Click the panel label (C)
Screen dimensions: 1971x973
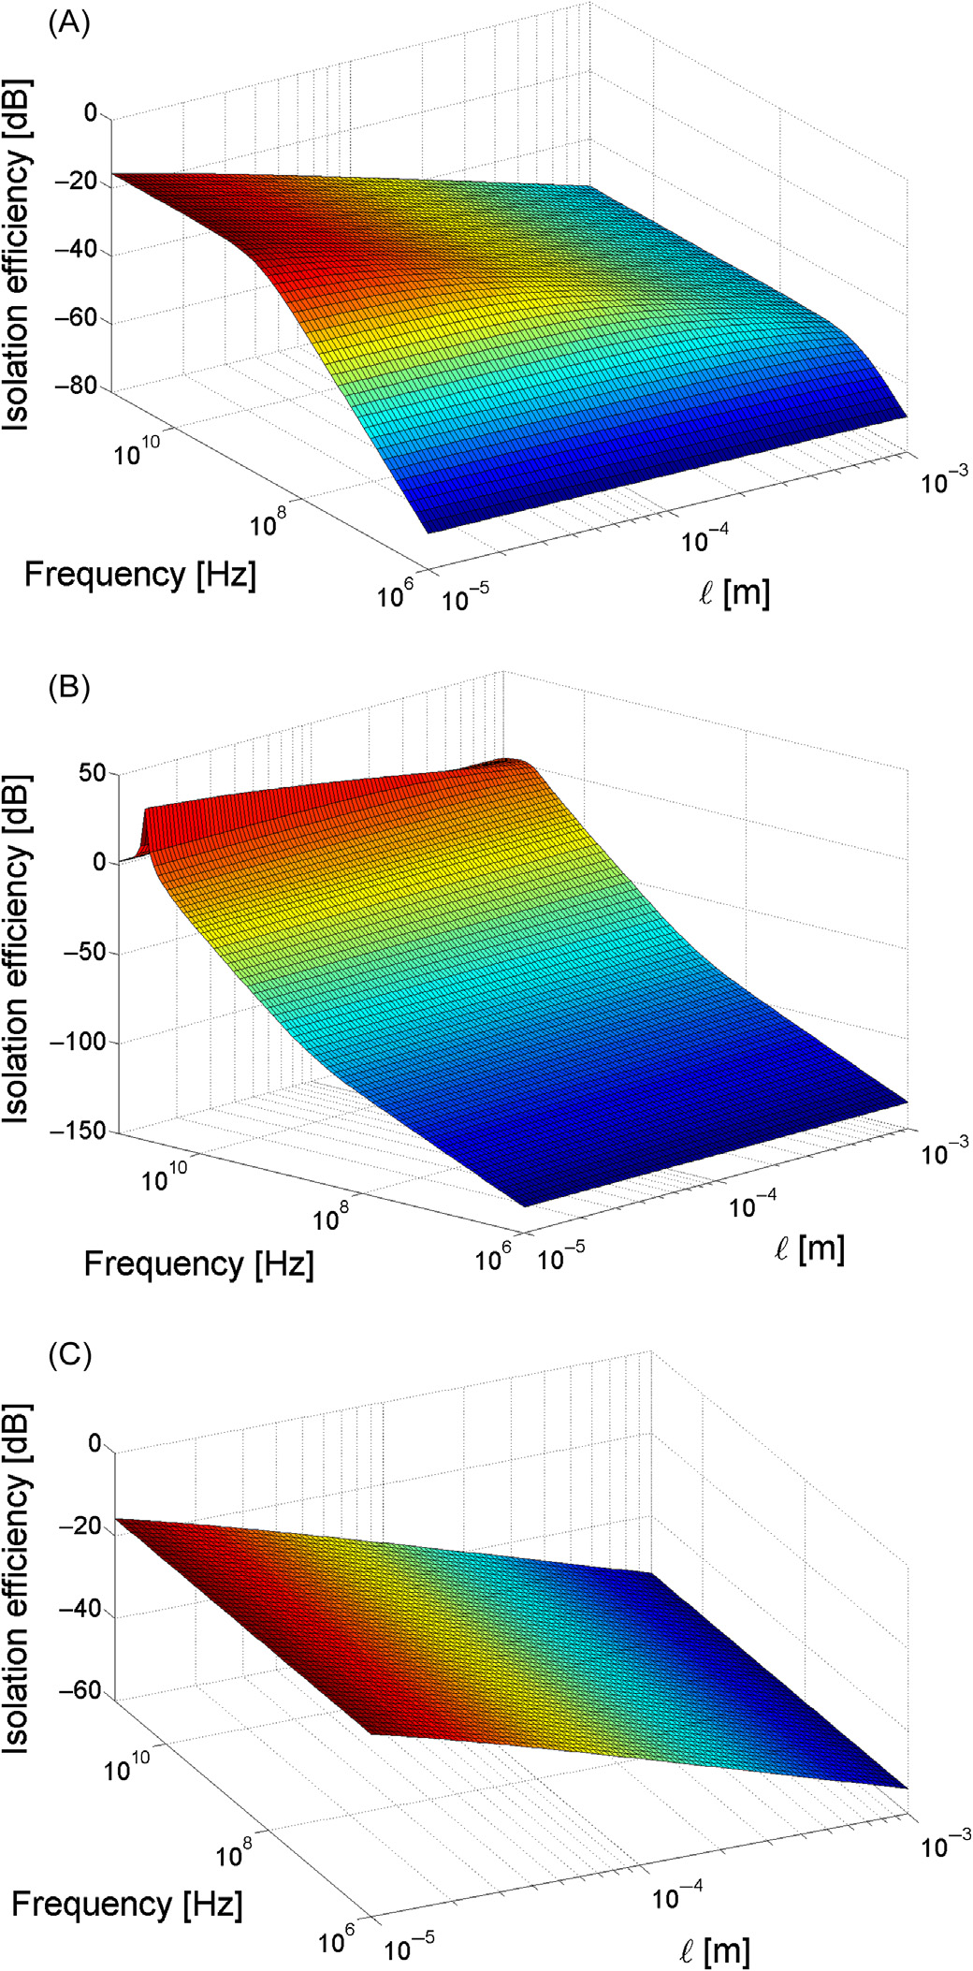[x=69, y=1354]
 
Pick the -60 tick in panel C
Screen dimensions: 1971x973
[x=80, y=1690]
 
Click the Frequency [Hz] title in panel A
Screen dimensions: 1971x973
[x=139, y=574]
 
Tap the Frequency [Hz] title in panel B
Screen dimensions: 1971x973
[x=198, y=1263]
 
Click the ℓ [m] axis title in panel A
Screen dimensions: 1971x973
[x=734, y=592]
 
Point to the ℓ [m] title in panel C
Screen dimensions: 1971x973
[x=714, y=1950]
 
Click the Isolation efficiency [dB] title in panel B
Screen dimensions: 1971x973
[x=16, y=949]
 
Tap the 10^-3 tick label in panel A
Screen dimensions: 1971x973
[x=943, y=481]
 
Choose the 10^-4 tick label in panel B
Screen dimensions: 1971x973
[x=754, y=1205]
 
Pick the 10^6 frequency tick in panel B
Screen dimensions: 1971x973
[x=494, y=1258]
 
